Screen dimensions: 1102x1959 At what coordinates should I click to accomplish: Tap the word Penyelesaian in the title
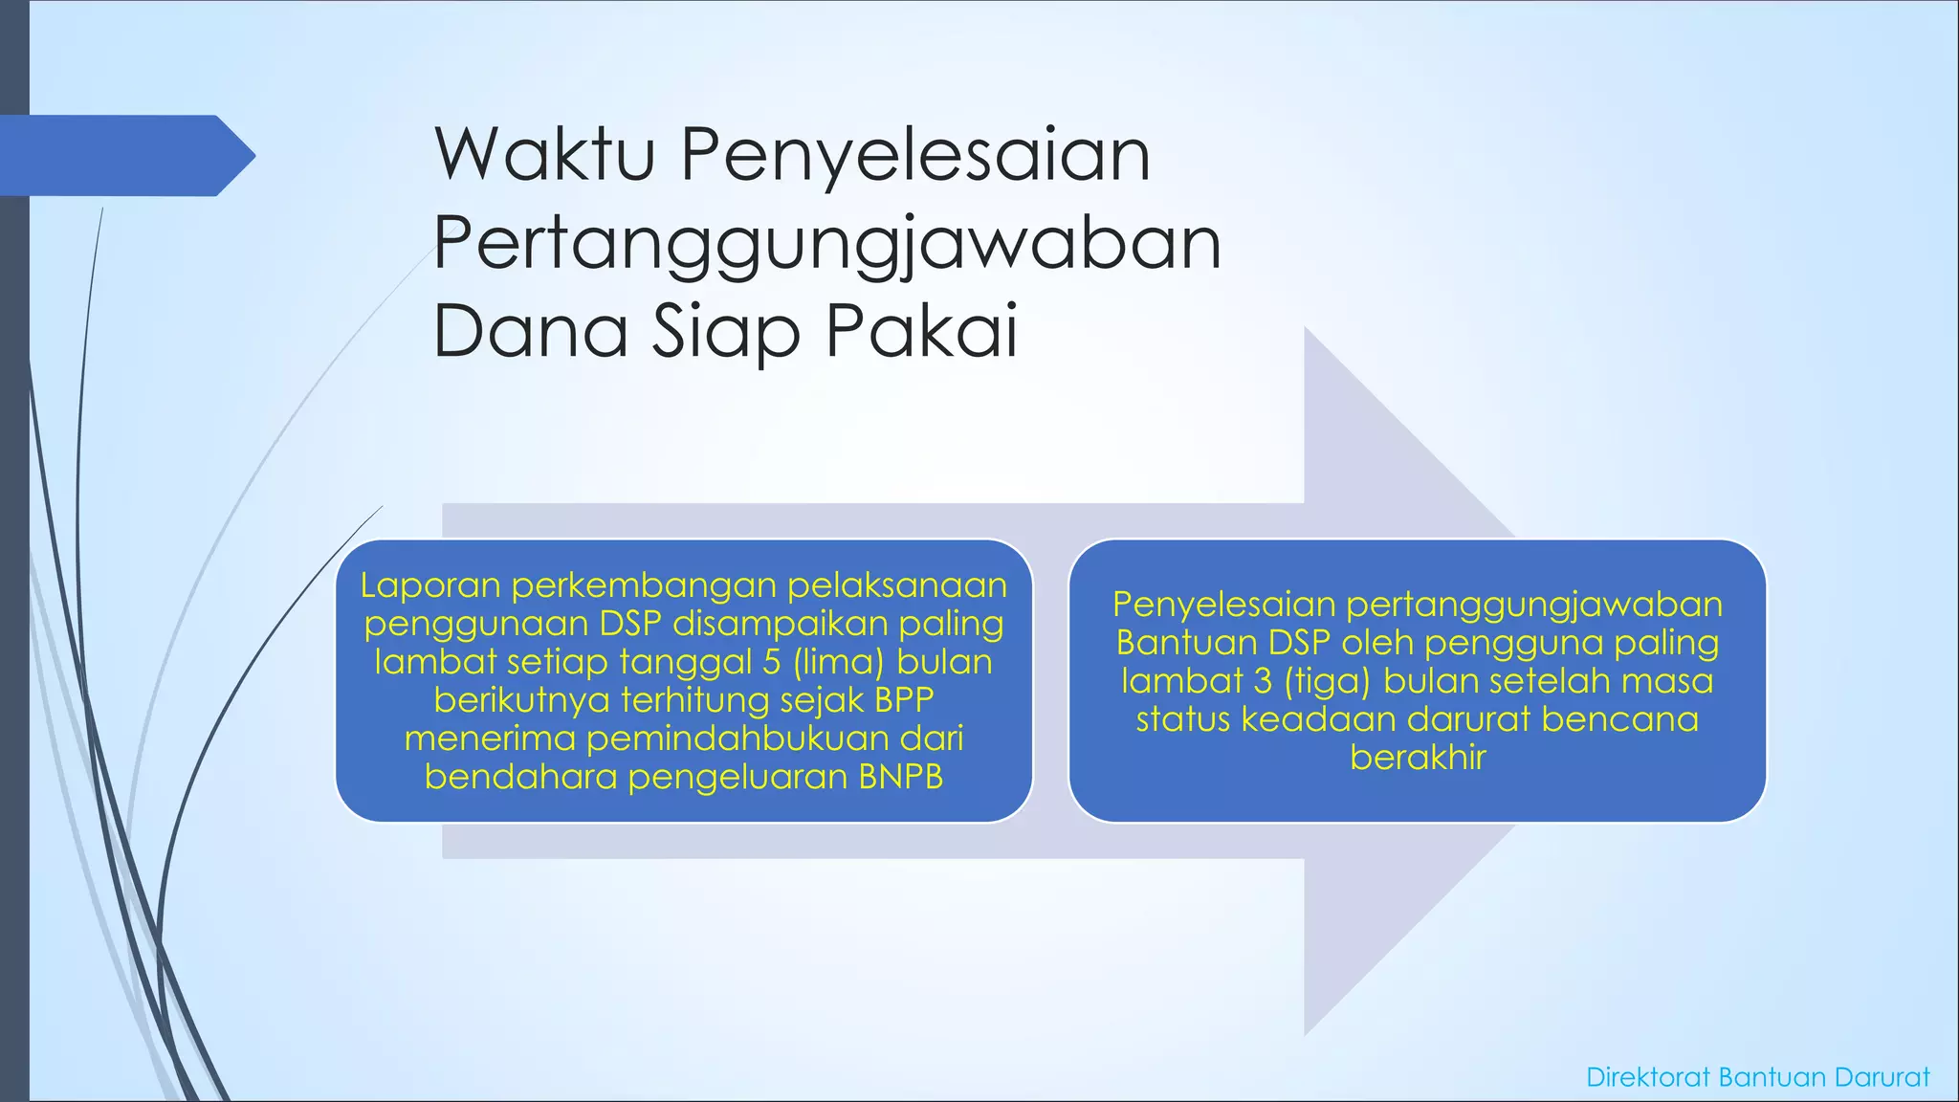(915, 157)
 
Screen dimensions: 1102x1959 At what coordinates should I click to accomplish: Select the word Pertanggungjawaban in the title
(827, 245)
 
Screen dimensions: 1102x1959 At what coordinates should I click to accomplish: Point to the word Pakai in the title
(921, 331)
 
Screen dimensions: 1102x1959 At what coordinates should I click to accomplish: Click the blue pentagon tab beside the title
(124, 156)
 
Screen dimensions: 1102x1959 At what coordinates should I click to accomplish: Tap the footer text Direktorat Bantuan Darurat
(1757, 1077)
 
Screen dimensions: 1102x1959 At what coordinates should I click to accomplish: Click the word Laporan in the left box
(430, 585)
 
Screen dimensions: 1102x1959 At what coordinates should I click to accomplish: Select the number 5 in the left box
(772, 662)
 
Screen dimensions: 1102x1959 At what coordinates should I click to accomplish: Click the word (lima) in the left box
(838, 662)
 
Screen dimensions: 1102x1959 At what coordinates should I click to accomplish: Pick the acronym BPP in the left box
(904, 700)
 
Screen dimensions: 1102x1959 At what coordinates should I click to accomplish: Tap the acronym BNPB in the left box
(900, 777)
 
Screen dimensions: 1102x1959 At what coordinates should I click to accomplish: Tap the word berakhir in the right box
(1418, 758)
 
